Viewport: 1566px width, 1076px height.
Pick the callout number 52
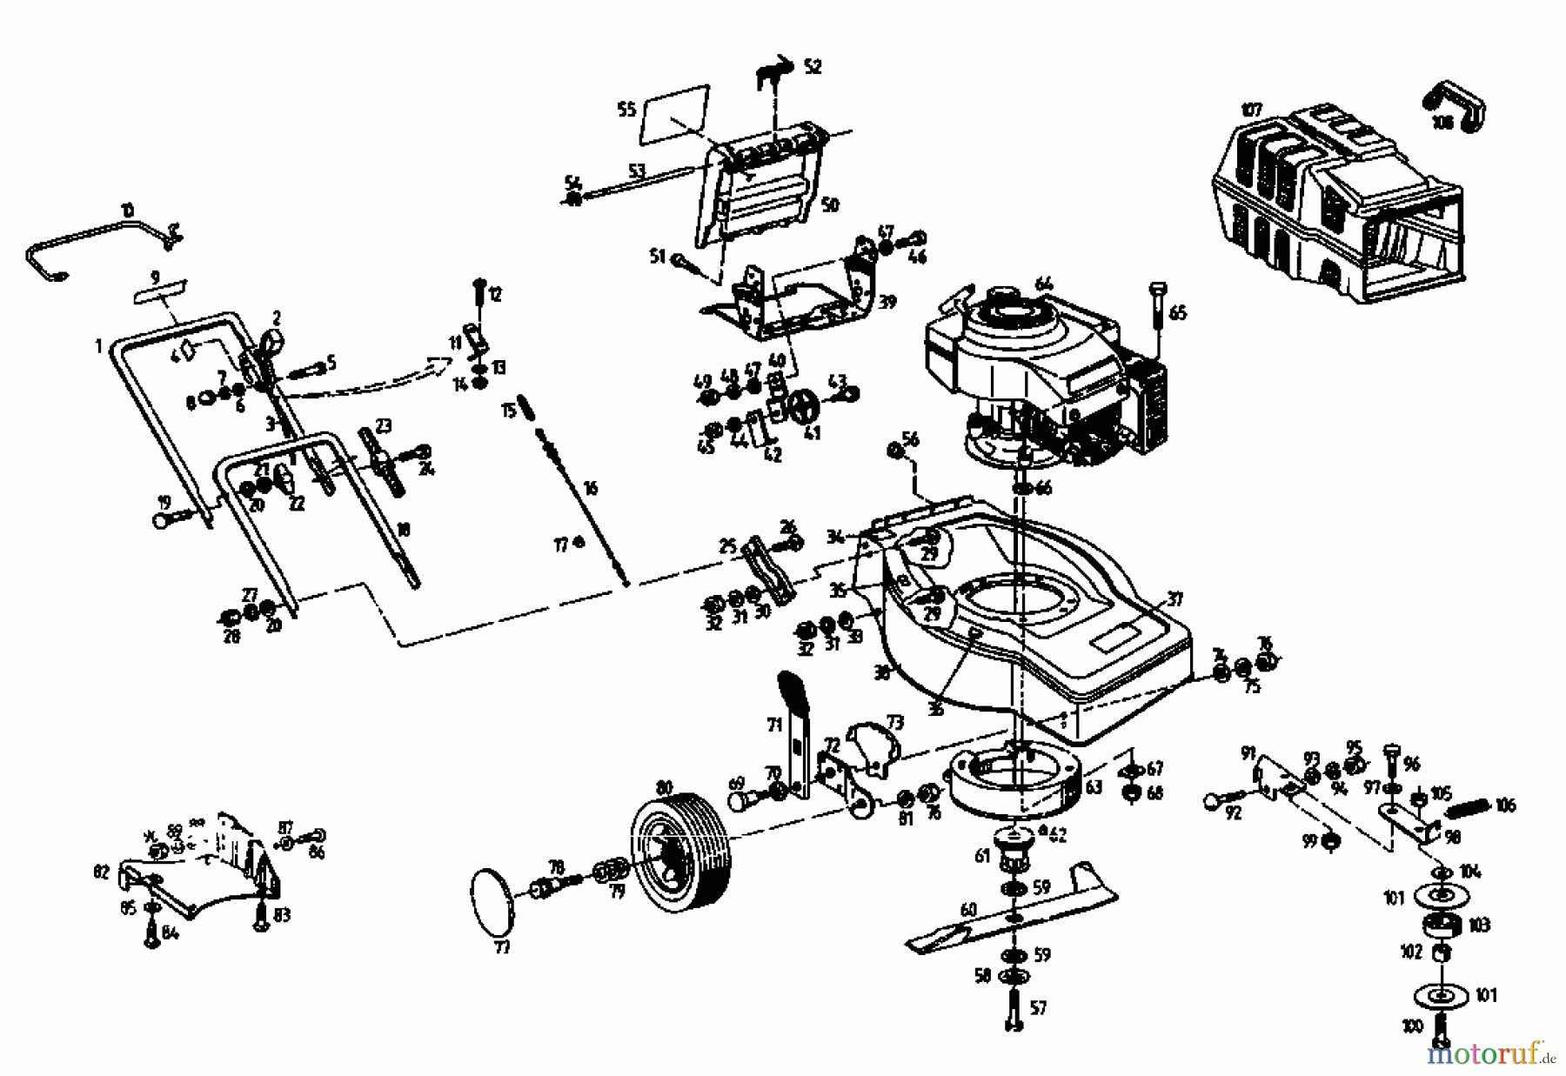click(812, 67)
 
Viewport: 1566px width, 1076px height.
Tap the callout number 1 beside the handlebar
click(99, 346)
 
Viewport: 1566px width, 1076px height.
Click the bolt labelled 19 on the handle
click(174, 519)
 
